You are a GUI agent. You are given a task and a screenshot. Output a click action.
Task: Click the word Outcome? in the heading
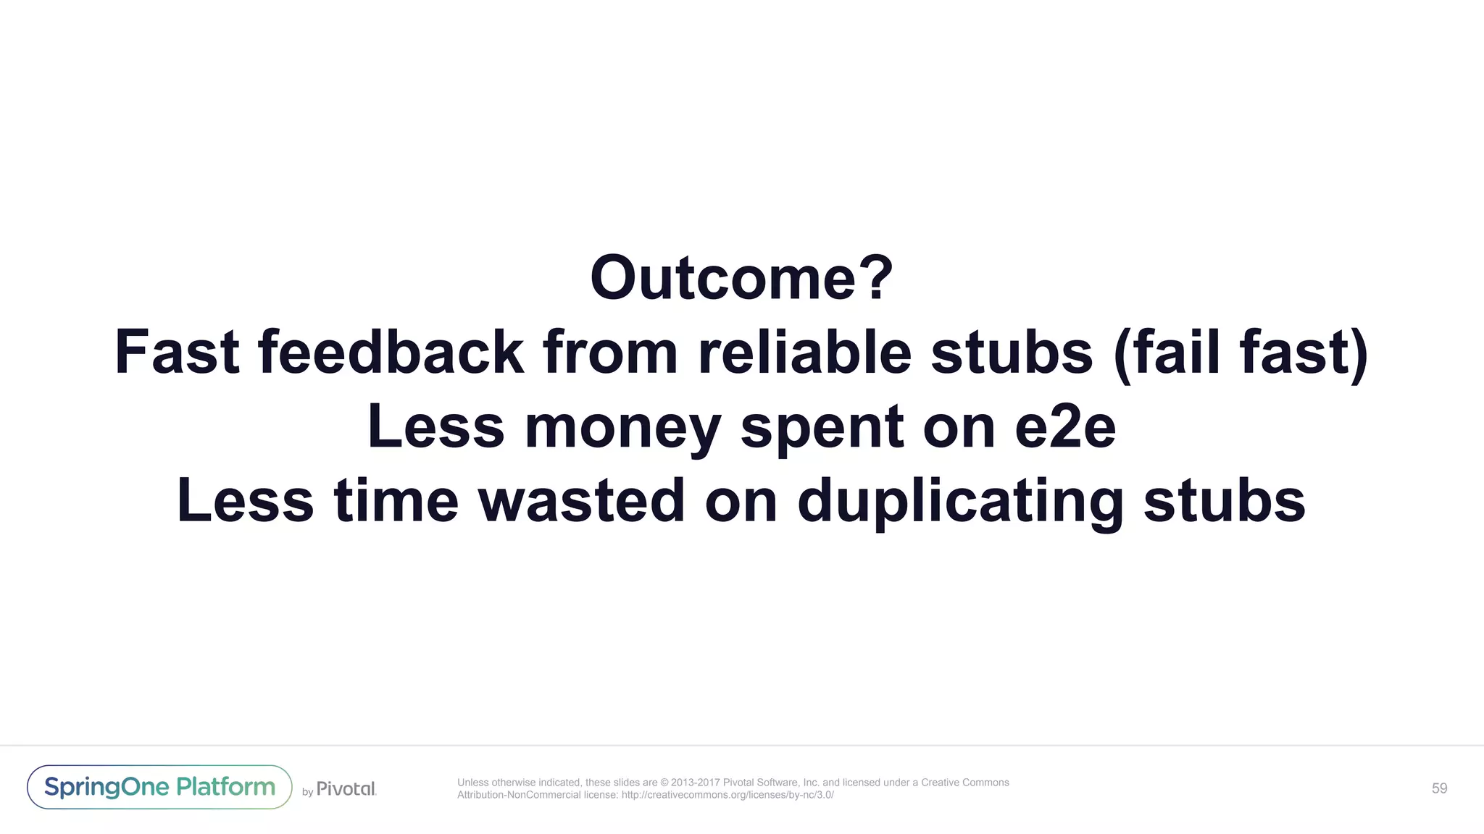pos(741,278)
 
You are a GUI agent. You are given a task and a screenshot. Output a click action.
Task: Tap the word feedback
pos(391,353)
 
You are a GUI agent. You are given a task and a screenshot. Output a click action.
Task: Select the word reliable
pos(804,353)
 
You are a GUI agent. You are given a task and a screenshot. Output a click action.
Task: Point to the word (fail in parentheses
pos(1167,353)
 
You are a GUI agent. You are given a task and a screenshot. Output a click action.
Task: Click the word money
pos(622,428)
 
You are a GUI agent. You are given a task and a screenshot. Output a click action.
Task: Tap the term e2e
pos(1065,428)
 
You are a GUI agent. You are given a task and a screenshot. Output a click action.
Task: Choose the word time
pos(396,501)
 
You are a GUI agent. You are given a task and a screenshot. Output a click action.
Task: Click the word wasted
pos(581,501)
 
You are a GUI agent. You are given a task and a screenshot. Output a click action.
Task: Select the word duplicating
pos(960,501)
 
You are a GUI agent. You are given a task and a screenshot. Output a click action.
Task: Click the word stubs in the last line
pos(1225,501)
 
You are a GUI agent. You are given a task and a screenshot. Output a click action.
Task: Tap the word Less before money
pos(435,428)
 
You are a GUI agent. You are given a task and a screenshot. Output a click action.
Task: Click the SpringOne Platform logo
pos(159,787)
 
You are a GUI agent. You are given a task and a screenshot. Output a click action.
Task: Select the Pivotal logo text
pos(346,788)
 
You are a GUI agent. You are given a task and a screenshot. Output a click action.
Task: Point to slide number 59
pos(1439,788)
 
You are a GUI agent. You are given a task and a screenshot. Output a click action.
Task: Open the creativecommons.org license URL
pos(728,795)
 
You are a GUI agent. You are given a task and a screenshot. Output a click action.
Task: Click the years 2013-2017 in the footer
pos(696,783)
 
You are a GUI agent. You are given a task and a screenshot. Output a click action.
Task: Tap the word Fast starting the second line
pos(177,353)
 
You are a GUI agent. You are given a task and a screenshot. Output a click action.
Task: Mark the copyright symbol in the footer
pos(664,783)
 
